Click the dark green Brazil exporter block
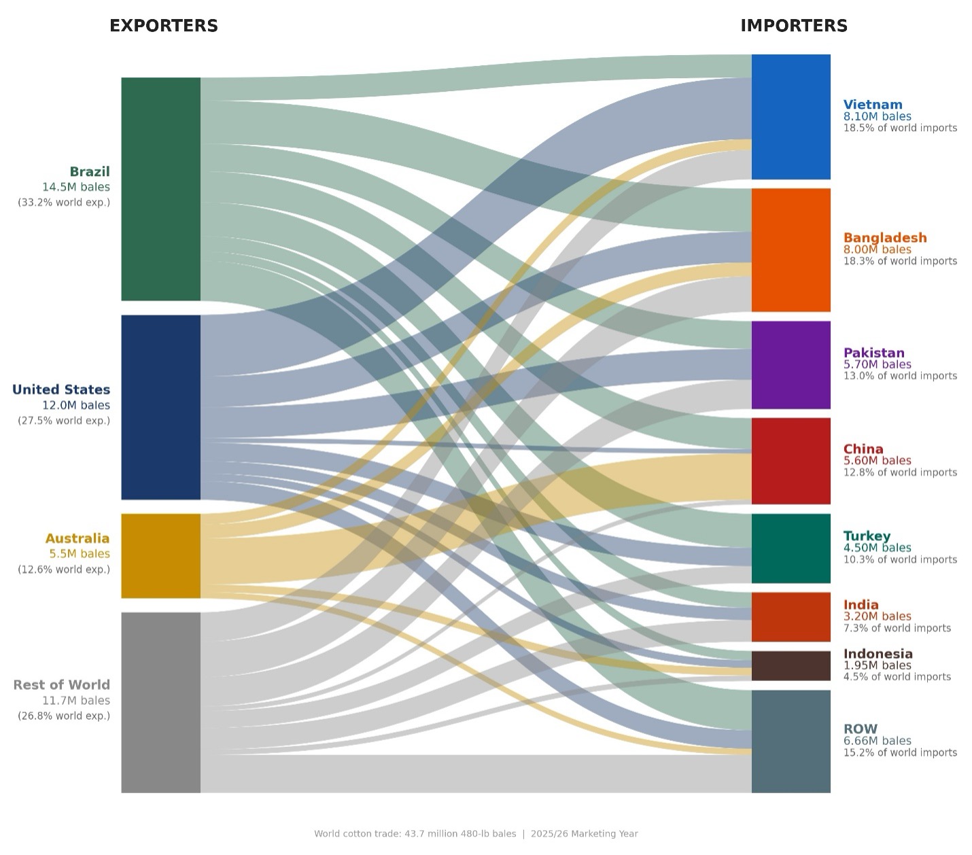[160, 188]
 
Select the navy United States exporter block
[160, 406]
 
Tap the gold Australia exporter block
[160, 555]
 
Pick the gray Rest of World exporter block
[160, 701]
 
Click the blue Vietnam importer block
[791, 116]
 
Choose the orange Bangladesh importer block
[791, 249]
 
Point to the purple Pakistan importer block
[791, 364]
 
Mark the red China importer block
[791, 460]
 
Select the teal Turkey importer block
[791, 548]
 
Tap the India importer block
[791, 616]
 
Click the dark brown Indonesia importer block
[791, 665]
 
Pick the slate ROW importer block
[791, 741]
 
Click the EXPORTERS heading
[164, 26]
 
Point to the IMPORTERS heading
[793, 26]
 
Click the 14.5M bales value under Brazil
[76, 187]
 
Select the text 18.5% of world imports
[900, 128]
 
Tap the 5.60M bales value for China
[877, 460]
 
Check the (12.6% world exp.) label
[64, 570]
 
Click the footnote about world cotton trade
[476, 833]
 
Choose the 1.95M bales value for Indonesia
[877, 665]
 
